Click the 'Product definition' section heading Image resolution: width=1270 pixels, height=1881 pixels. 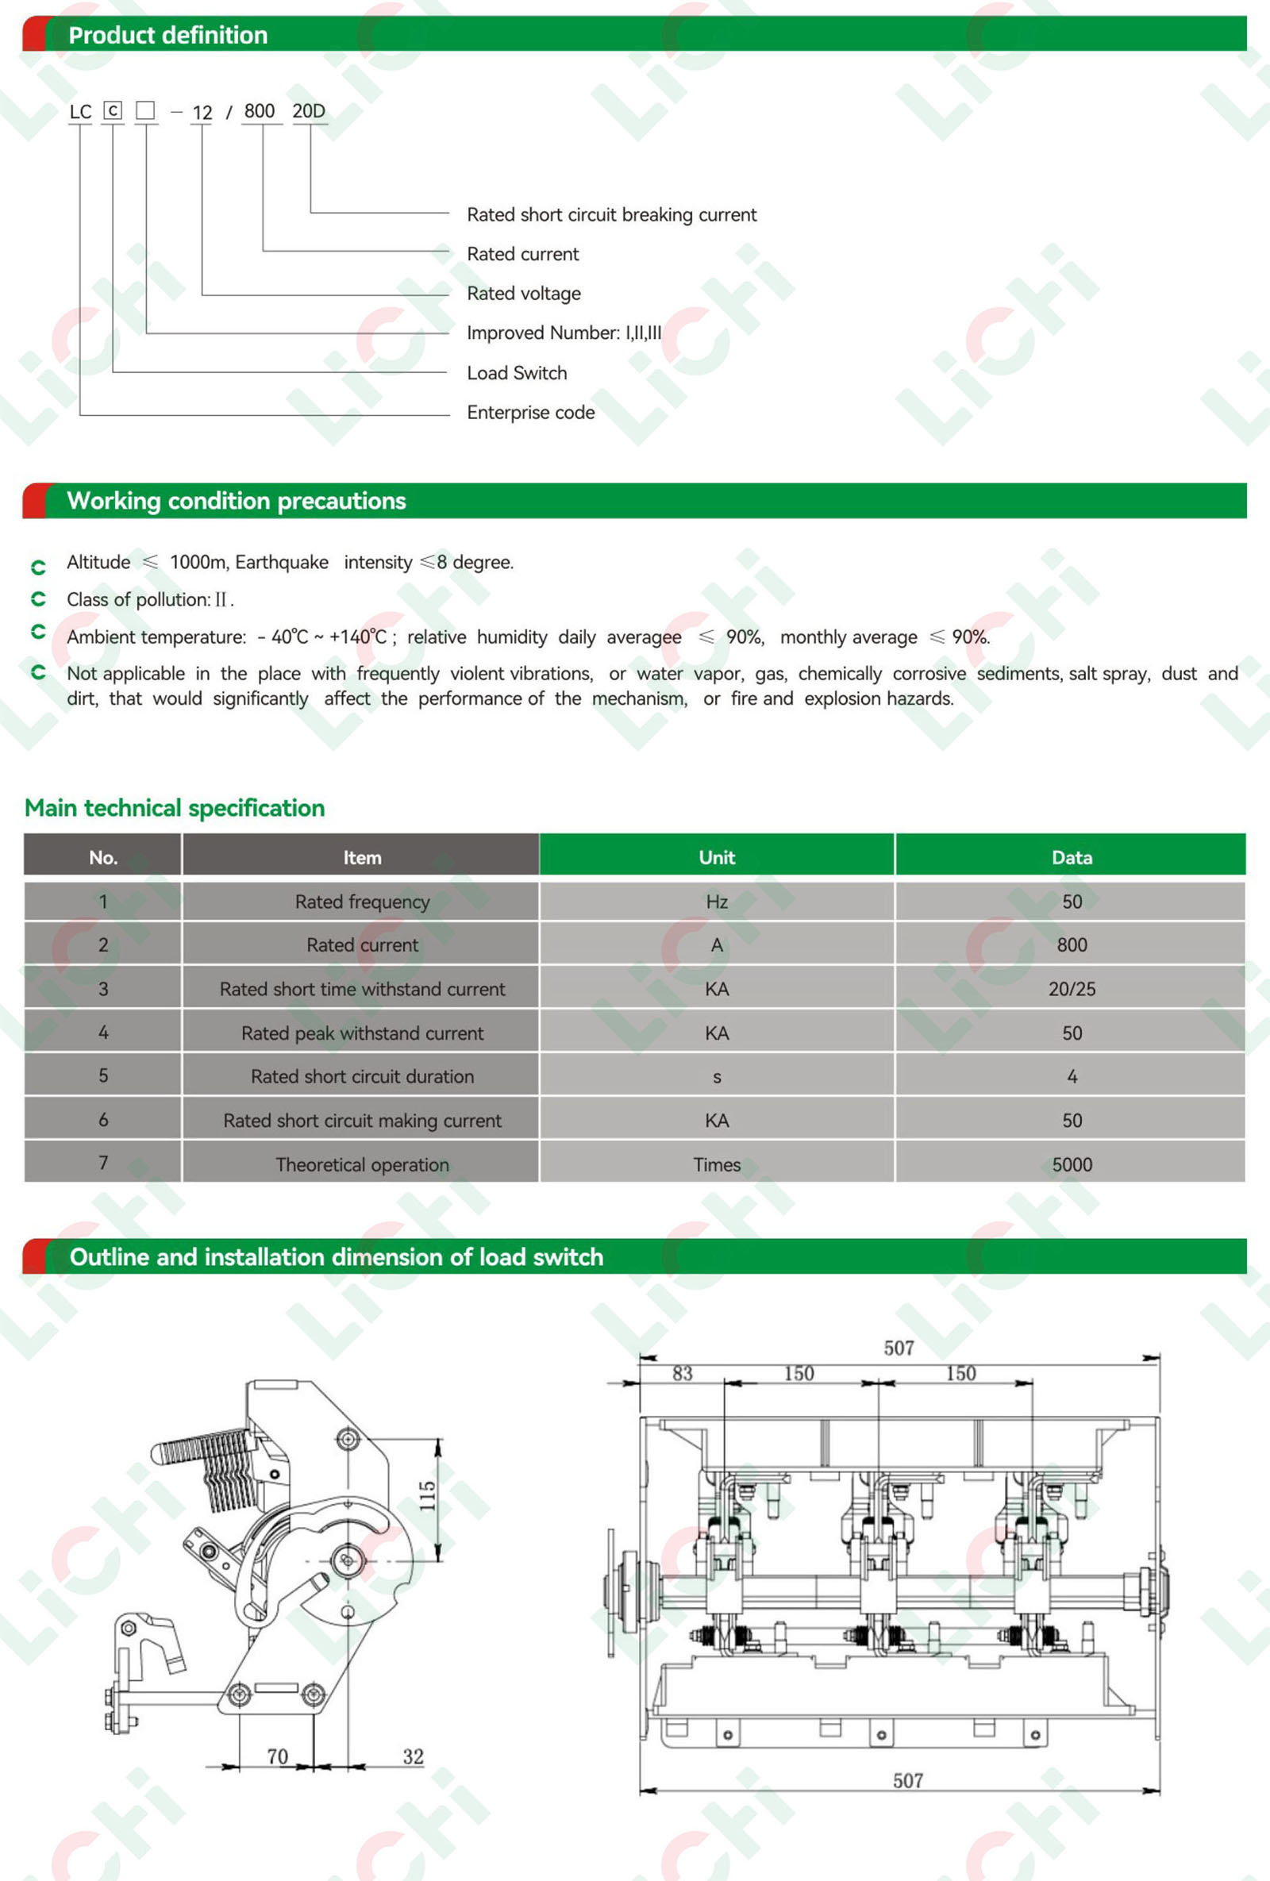167,35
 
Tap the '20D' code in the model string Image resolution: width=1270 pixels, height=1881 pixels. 309,111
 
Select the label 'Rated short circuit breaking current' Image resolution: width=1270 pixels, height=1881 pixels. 611,214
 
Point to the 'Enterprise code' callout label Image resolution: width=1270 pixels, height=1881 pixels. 530,413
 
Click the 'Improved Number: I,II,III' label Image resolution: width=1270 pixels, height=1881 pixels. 564,333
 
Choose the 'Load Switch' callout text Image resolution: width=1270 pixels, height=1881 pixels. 517,373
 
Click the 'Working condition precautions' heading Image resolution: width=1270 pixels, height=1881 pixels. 236,501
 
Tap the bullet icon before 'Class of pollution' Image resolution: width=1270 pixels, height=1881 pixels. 38,599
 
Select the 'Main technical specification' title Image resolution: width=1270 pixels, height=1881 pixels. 174,808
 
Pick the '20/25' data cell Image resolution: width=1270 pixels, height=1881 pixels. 1071,989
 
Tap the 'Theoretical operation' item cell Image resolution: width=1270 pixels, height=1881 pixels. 362,1164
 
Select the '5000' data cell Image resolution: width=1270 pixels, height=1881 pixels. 1071,1164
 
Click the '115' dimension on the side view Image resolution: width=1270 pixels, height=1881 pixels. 427,1496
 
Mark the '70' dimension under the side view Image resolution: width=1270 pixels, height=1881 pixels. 278,1756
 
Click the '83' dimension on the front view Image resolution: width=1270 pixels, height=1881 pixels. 683,1374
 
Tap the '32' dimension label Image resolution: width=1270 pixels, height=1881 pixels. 413,1756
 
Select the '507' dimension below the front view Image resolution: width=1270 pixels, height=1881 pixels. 907,1781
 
